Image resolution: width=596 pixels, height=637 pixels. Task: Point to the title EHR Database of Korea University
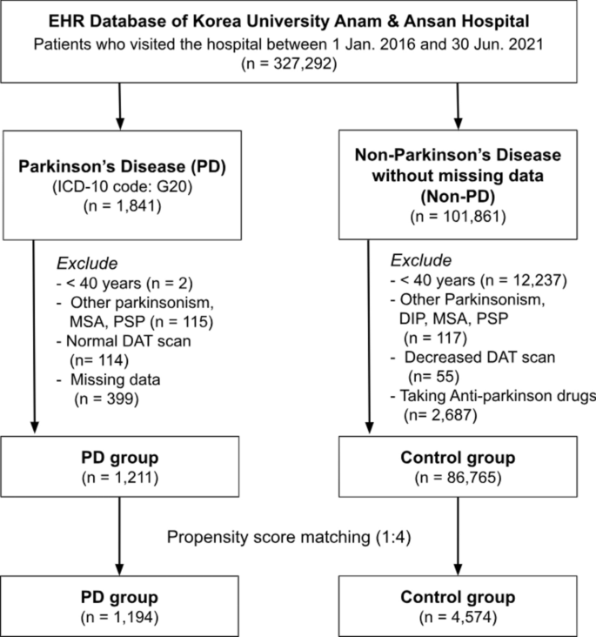298,21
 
